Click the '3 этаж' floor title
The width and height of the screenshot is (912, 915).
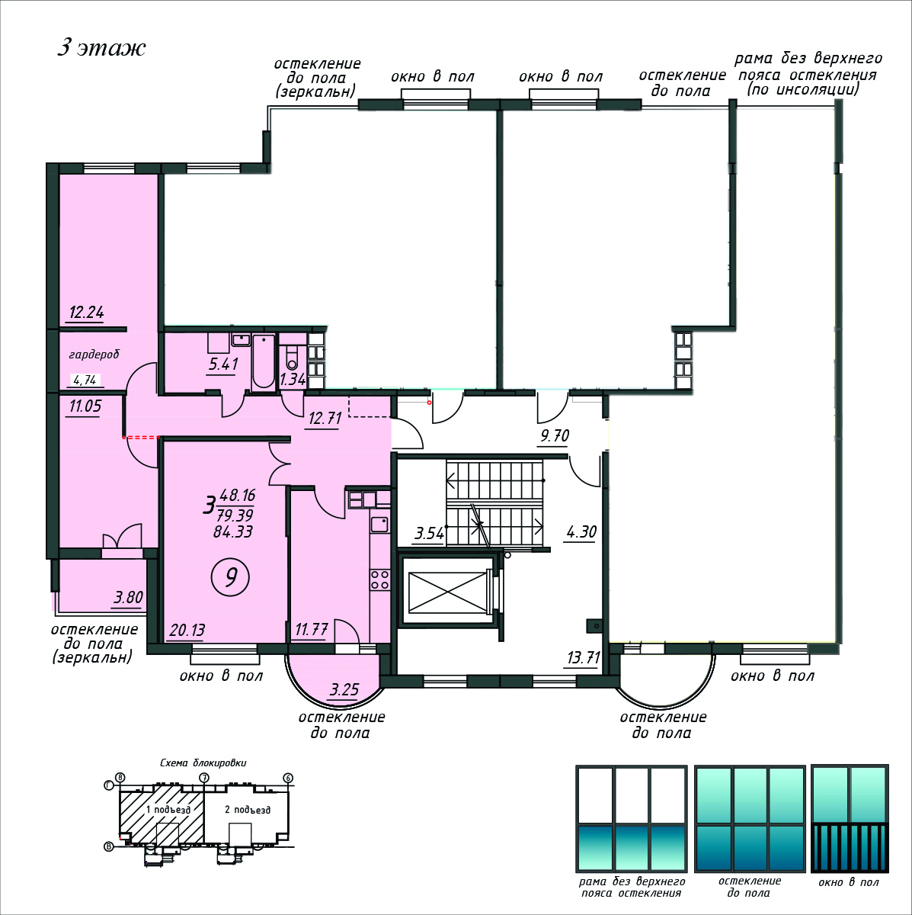(101, 48)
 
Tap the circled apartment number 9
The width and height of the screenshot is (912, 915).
(230, 577)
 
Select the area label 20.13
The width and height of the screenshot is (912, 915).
(187, 630)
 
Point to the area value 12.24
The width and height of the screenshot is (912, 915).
(86, 312)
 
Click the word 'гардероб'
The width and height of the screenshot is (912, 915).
(94, 355)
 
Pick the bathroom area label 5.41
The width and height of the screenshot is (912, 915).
(223, 364)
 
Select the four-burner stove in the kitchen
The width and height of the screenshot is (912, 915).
(379, 579)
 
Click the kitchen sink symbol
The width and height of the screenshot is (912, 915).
(379, 524)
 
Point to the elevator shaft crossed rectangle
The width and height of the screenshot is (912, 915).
(447, 592)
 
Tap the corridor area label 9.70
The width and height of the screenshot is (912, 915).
(555, 435)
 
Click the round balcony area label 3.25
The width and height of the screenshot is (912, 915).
(344, 689)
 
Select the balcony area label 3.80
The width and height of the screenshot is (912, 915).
(128, 597)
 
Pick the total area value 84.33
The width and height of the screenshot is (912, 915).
(232, 531)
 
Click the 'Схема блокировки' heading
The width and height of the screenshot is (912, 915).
(203, 762)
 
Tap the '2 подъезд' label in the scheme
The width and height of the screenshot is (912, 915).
(247, 809)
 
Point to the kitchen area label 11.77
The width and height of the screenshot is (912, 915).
(312, 630)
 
